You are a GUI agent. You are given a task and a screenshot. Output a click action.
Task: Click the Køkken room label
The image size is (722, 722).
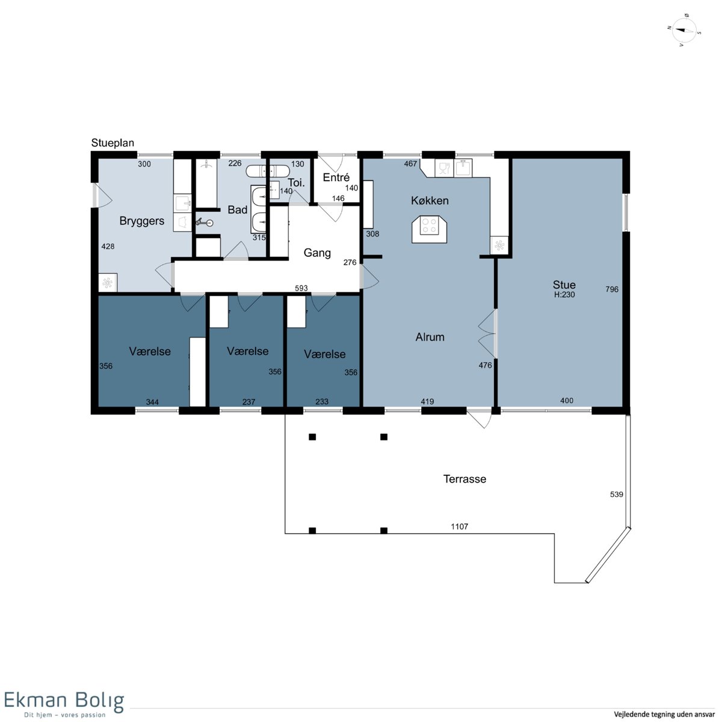pyautogui.click(x=430, y=200)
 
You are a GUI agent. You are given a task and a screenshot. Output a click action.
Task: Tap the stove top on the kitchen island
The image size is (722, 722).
pyautogui.click(x=429, y=226)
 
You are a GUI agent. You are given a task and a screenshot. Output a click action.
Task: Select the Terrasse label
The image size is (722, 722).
pyautogui.click(x=464, y=479)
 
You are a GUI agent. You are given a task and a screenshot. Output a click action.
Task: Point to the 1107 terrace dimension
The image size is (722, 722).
pyautogui.click(x=459, y=526)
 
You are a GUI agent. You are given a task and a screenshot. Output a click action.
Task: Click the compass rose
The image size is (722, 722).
pyautogui.click(x=684, y=31)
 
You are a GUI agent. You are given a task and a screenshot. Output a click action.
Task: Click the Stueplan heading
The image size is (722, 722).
pyautogui.click(x=113, y=143)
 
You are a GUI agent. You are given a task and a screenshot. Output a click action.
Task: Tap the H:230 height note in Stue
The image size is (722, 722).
pyautogui.click(x=564, y=294)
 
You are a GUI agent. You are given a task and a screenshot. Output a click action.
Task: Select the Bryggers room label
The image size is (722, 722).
pyautogui.click(x=141, y=221)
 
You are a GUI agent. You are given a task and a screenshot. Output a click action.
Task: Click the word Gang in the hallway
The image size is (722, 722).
pyautogui.click(x=317, y=253)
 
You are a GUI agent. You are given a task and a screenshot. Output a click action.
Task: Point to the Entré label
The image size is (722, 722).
pyautogui.click(x=336, y=177)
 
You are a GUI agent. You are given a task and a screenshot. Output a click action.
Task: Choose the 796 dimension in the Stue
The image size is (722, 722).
pyautogui.click(x=612, y=289)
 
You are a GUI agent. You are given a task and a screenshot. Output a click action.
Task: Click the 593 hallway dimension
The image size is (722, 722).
pyautogui.click(x=301, y=288)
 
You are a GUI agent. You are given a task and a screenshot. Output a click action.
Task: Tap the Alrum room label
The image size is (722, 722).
pyautogui.click(x=430, y=337)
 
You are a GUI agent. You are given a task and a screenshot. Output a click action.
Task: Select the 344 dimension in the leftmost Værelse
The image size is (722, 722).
pyautogui.click(x=152, y=402)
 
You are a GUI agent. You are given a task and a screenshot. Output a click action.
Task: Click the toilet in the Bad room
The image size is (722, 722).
pyautogui.click(x=205, y=223)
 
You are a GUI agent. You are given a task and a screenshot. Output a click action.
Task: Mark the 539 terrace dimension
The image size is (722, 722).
pyautogui.click(x=616, y=494)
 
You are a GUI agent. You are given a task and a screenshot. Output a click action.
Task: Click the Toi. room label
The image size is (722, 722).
pyautogui.click(x=296, y=183)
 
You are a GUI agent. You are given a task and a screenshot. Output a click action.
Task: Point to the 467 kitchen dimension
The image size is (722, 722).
pyautogui.click(x=410, y=164)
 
